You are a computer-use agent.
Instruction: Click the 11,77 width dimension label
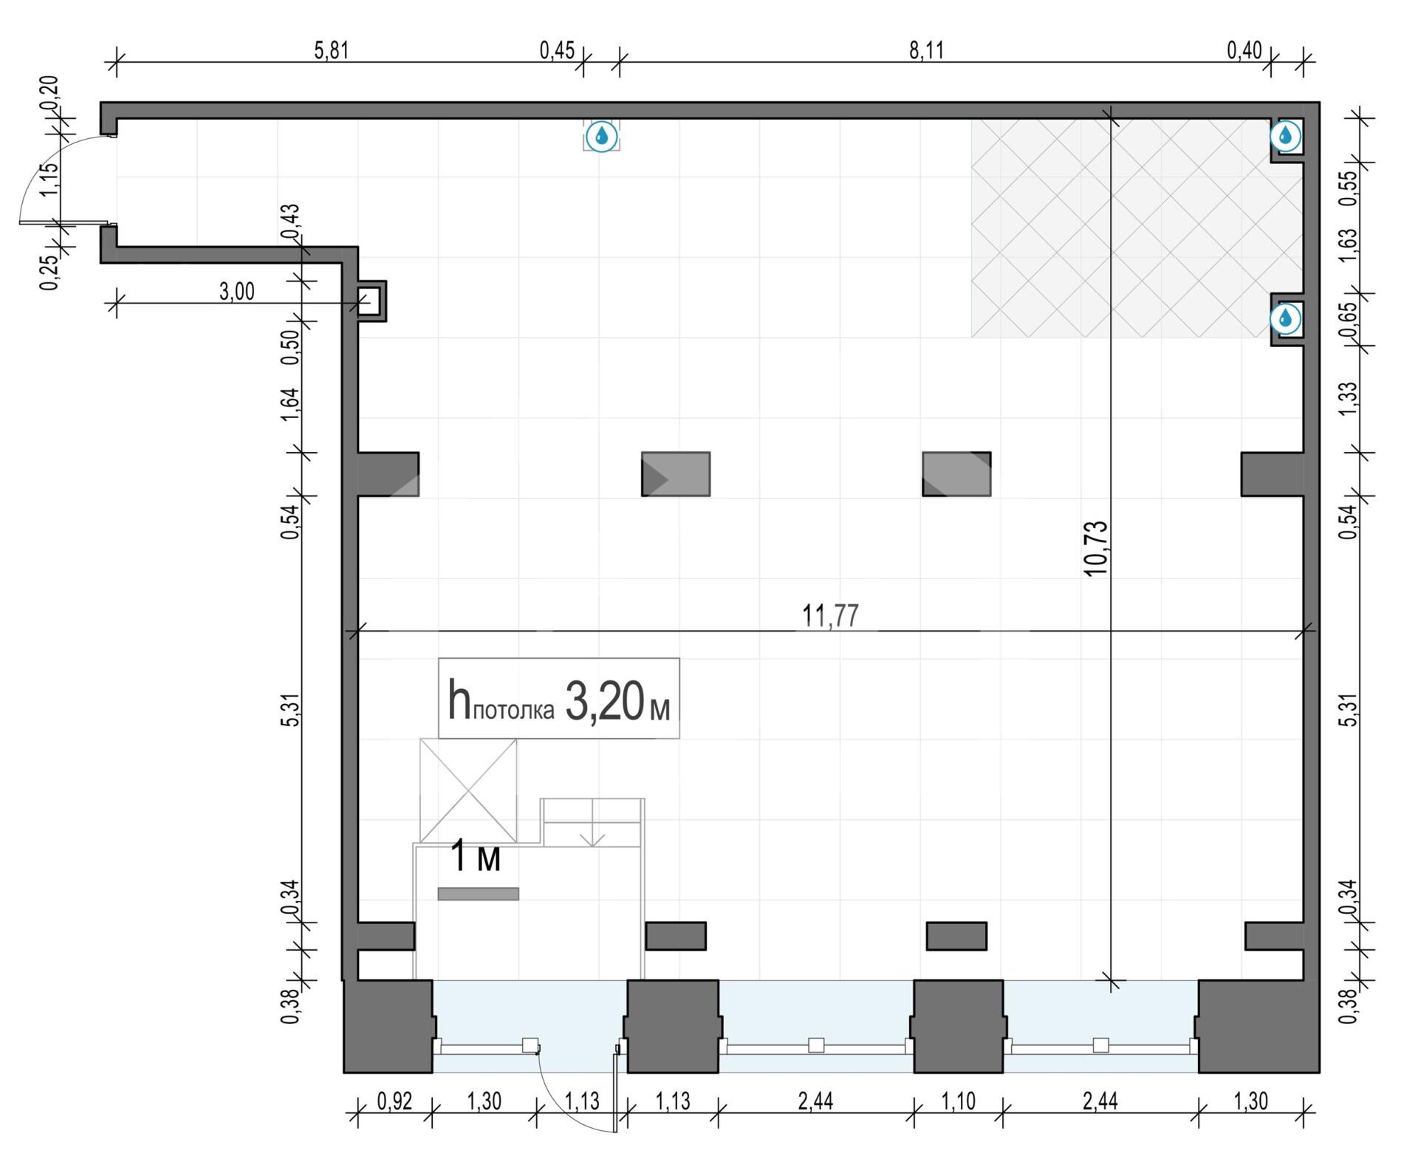point(830,615)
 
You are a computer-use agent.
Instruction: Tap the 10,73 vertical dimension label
point(1096,548)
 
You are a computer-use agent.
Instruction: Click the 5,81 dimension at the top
point(331,50)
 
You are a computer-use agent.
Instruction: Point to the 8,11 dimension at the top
point(926,50)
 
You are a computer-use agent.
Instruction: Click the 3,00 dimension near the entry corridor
point(236,291)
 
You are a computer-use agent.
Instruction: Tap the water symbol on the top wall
point(602,136)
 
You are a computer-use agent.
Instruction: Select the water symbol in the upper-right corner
point(1286,135)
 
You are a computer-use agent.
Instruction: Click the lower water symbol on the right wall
point(1286,318)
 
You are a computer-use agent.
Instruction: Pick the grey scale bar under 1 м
point(478,894)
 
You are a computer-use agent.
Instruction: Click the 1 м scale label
point(476,857)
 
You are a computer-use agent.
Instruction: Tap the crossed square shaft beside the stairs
point(468,790)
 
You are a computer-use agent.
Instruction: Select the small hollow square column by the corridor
point(371,301)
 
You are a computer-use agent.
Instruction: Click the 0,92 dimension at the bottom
point(394,1101)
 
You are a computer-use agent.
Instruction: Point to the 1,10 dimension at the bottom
point(958,1101)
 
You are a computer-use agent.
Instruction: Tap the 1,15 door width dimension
point(48,179)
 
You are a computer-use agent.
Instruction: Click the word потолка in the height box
point(513,711)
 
